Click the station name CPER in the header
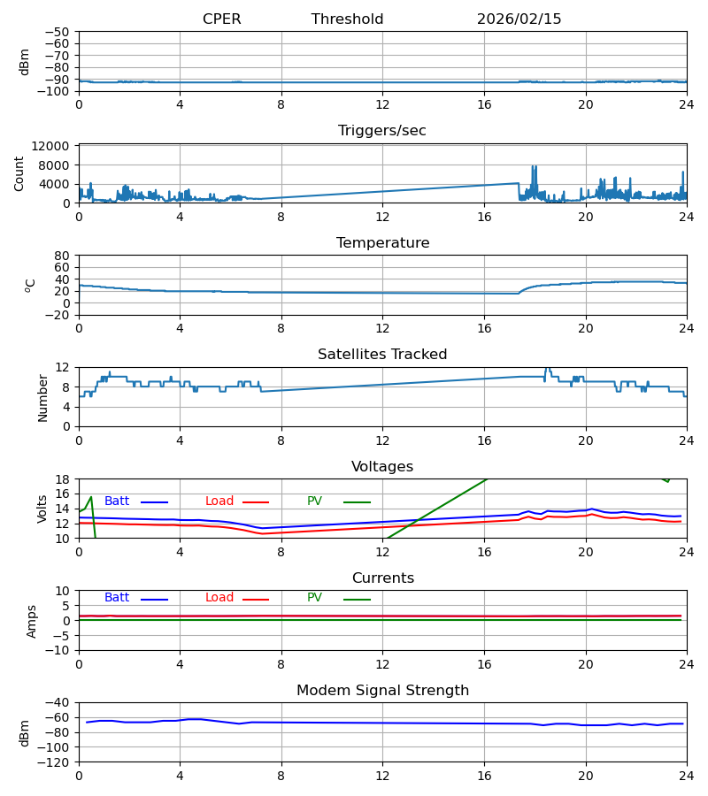(x=221, y=19)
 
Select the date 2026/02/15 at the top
(x=519, y=19)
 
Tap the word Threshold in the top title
(x=347, y=19)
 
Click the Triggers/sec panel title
(x=382, y=131)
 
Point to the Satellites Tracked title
(x=382, y=355)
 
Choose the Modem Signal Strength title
(x=382, y=691)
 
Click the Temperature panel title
(x=382, y=243)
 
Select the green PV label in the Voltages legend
(x=314, y=501)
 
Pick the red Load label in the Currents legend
(x=219, y=598)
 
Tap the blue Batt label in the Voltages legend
(x=117, y=501)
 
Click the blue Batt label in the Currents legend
(x=117, y=598)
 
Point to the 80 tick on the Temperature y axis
(x=63, y=256)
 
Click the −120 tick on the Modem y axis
(x=56, y=762)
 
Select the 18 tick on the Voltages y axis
(x=63, y=479)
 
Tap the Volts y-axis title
(x=42, y=509)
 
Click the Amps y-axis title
(x=33, y=621)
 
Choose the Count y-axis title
(x=19, y=173)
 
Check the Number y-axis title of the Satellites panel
(x=42, y=397)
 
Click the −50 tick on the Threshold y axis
(x=58, y=32)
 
